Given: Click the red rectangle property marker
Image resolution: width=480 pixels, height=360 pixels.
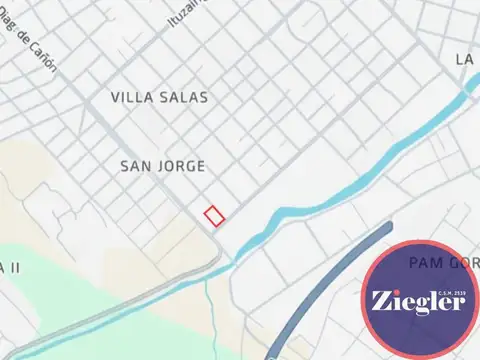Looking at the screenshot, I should pos(214,214).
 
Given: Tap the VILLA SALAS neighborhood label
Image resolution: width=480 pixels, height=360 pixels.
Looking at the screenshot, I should pos(160,98).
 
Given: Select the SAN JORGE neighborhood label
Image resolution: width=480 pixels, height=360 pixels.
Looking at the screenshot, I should pos(162,165).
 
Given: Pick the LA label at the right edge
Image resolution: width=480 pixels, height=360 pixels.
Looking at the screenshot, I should pos(464,60).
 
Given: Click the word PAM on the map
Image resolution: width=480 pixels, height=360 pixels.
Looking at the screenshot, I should pos(425,262).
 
